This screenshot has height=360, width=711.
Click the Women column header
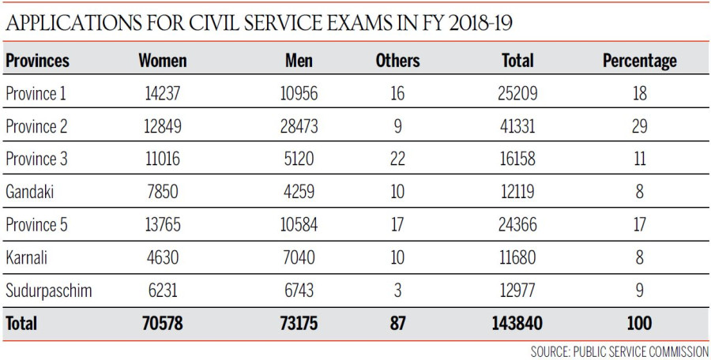point(162,60)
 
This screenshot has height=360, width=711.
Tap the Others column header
point(397,60)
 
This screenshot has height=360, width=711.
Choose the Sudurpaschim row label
point(48,291)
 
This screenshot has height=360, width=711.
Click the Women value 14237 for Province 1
point(162,93)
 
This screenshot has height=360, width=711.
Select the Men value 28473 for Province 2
point(298,126)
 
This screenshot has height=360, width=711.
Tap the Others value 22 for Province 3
point(397,159)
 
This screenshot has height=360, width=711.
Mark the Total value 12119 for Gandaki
point(518,192)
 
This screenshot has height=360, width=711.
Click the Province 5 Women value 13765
point(162,225)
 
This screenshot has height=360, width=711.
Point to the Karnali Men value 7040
point(298,257)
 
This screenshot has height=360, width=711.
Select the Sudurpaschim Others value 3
point(397,291)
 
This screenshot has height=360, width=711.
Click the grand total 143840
point(518,323)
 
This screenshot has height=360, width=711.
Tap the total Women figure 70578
point(162,323)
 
